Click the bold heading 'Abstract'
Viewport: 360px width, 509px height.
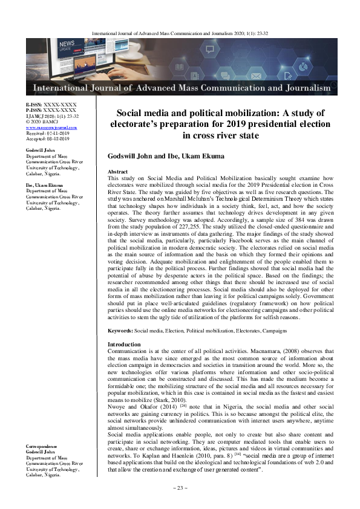tap(117, 172)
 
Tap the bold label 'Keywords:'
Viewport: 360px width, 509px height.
tap(120, 331)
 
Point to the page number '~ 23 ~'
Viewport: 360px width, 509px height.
tap(180, 487)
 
